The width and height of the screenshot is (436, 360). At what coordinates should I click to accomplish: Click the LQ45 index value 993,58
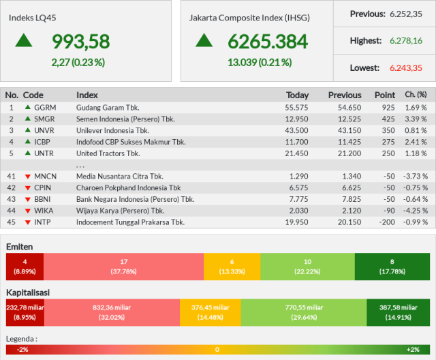81,42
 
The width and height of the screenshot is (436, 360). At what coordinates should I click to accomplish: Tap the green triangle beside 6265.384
204,40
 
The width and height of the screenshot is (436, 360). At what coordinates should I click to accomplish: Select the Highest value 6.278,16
406,41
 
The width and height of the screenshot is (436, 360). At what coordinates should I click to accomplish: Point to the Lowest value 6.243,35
406,68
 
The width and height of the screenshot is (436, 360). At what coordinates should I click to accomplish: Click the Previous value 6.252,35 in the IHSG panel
406,14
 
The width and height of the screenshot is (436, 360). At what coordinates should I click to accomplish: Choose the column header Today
298,95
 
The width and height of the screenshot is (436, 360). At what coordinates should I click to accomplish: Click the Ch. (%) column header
416,95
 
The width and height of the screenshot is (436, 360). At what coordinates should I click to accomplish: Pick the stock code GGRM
45,108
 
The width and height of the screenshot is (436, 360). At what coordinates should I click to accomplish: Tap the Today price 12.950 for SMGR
296,119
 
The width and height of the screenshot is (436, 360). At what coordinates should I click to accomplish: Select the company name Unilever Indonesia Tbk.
113,130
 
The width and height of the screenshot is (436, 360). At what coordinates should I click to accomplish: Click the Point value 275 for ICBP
388,142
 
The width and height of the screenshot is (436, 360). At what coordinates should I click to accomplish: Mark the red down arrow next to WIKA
27,211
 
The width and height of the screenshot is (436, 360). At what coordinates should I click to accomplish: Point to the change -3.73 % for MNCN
416,177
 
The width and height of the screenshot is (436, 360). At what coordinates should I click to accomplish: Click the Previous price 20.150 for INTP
349,222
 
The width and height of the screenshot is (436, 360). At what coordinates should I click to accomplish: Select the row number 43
11,200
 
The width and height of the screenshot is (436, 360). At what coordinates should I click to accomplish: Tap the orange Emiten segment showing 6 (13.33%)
232,267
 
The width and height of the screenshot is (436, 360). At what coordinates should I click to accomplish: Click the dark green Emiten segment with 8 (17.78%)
392,267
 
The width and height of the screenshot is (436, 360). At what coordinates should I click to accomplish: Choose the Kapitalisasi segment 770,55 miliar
304,312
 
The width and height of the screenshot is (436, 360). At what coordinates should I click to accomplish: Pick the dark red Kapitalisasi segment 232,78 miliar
25,312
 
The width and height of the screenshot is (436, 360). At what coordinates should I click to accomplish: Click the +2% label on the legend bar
413,350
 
